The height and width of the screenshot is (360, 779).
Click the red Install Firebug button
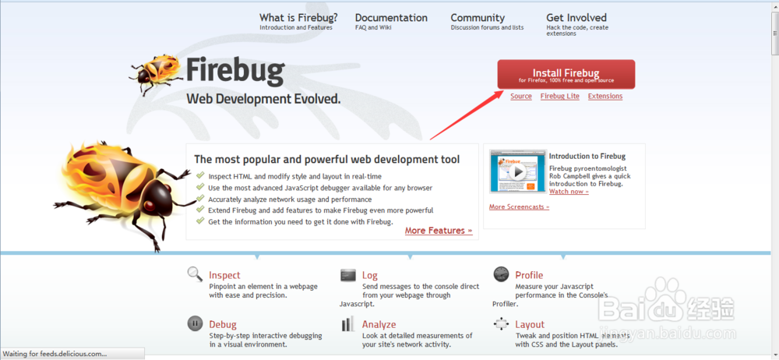566,75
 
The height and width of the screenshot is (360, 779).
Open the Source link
521,97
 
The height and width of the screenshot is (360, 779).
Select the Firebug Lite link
560,97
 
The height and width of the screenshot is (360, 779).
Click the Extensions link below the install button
605,97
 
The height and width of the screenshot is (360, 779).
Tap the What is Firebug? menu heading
298,18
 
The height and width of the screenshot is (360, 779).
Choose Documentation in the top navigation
391,18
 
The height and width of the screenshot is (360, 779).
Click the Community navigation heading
478,18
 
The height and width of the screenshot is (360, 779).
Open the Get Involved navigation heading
576,18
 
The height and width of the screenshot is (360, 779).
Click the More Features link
439,231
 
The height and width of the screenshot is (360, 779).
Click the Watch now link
569,192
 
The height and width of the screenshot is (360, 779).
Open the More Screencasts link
519,206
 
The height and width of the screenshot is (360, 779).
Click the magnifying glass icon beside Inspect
195,274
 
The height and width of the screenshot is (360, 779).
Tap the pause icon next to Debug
195,323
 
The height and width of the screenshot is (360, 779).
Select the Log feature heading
369,276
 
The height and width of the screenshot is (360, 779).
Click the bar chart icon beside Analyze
347,323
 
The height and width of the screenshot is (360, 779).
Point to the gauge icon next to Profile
501,274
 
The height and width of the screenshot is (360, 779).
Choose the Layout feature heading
530,325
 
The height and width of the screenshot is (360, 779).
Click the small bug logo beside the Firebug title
154,75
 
